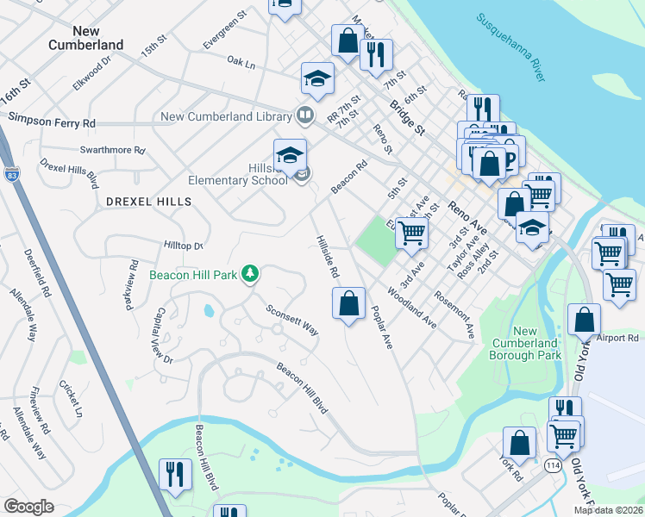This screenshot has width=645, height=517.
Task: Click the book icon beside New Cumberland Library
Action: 304,115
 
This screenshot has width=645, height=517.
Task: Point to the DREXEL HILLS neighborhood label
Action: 147,201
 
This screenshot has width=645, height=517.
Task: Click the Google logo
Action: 28,507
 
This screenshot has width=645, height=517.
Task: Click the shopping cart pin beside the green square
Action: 411,232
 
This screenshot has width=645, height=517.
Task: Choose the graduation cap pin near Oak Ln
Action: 317,78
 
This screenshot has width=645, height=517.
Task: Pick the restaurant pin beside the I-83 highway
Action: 175,474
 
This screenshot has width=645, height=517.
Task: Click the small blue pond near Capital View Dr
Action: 209,311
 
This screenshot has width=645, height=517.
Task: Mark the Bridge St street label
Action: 407,118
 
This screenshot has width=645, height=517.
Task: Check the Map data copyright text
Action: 608,510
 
